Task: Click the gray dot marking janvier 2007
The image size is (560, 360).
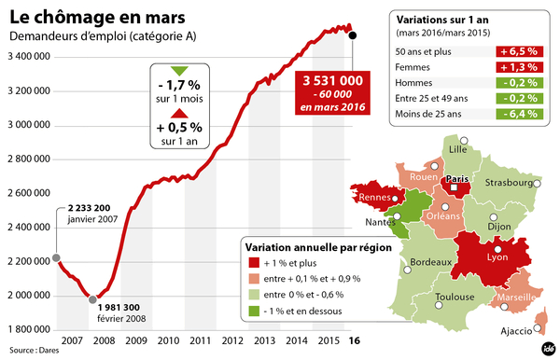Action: [x=56, y=258]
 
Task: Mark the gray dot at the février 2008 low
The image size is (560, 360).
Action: [x=92, y=299]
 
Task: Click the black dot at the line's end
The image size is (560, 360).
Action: [x=352, y=35]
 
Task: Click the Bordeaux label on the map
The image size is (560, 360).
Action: [x=431, y=264]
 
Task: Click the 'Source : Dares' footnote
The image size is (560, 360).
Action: [x=30, y=351]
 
